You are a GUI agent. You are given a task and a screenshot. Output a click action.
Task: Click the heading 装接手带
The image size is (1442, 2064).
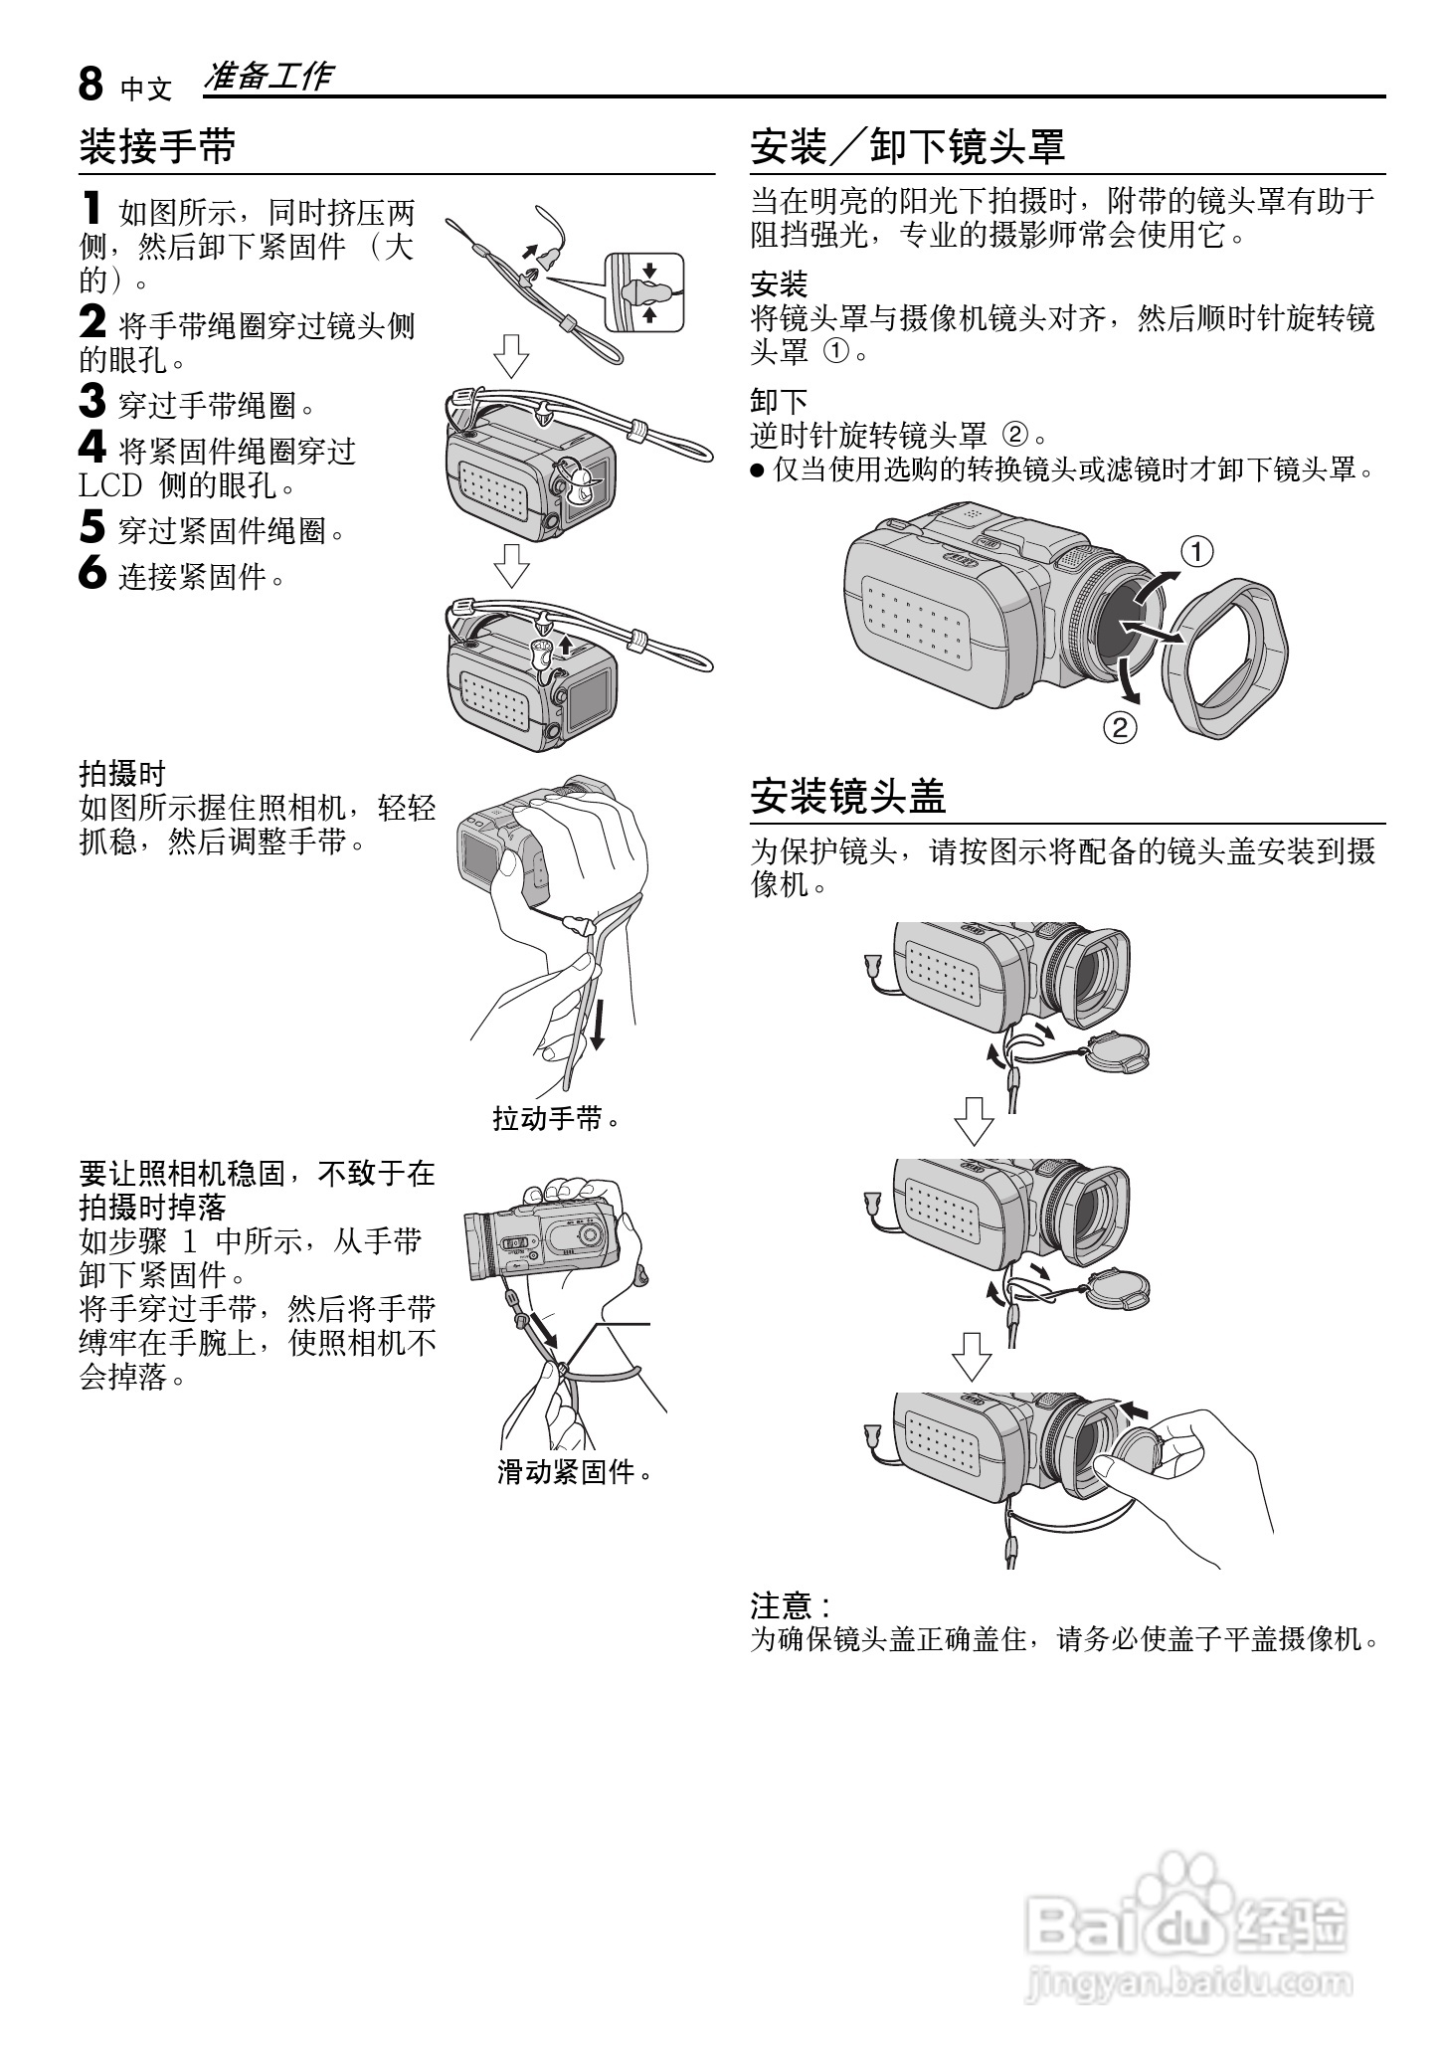point(157,146)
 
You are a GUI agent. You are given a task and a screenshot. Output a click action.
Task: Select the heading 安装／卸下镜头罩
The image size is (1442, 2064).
point(907,146)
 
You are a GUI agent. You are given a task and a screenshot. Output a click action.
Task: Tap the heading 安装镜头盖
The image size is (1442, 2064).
point(847,796)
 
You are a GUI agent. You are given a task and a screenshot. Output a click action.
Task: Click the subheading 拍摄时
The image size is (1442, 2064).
point(121,773)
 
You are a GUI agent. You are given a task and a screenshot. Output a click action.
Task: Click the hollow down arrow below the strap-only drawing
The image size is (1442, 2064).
point(511,356)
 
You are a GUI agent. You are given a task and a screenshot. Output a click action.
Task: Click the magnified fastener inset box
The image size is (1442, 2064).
point(644,291)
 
